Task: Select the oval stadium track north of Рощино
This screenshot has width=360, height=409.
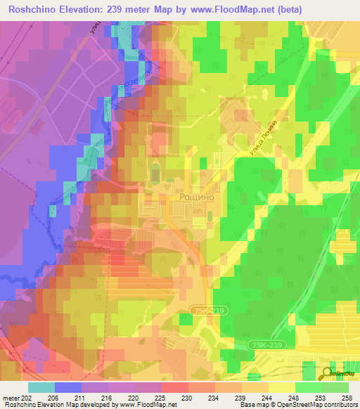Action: pos(155,173)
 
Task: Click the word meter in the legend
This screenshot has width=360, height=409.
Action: pos(10,397)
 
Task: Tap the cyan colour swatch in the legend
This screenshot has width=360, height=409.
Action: pos(41,387)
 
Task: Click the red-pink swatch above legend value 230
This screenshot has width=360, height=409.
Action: pos(175,387)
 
